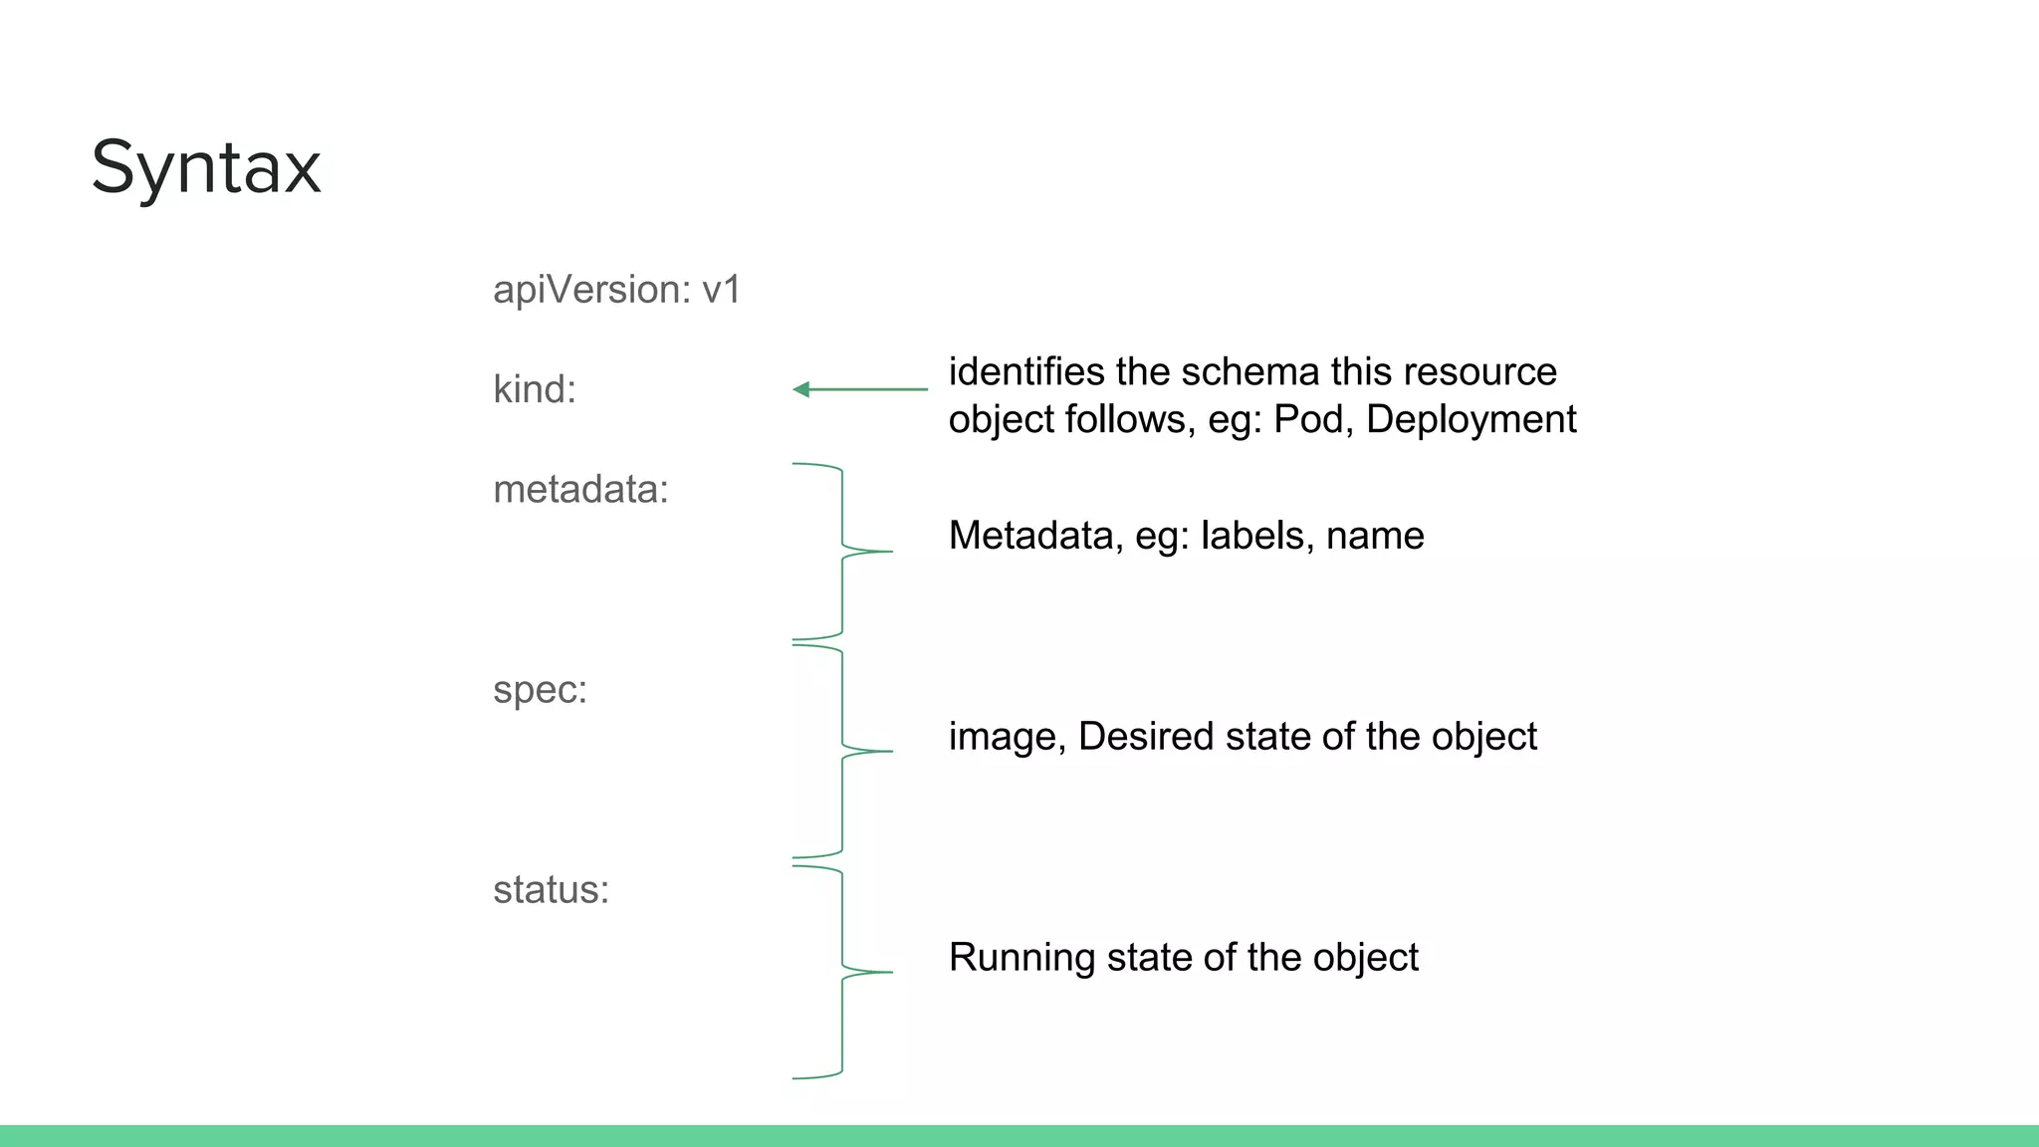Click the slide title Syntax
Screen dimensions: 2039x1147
(x=206, y=167)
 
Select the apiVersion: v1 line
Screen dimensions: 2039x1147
(x=617, y=290)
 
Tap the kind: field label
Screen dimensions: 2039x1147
(x=535, y=389)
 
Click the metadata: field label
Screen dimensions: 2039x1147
(x=580, y=490)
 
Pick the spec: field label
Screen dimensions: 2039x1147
(x=540, y=690)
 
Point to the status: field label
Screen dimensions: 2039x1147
(x=551, y=890)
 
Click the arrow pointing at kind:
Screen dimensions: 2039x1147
(x=860, y=389)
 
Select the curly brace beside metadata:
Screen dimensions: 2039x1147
(x=842, y=552)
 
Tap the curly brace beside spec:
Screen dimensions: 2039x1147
(x=842, y=751)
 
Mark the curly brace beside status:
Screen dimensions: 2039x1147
(x=842, y=972)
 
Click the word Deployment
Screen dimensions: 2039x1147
(x=1472, y=419)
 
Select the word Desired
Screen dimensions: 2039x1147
(x=1146, y=737)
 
